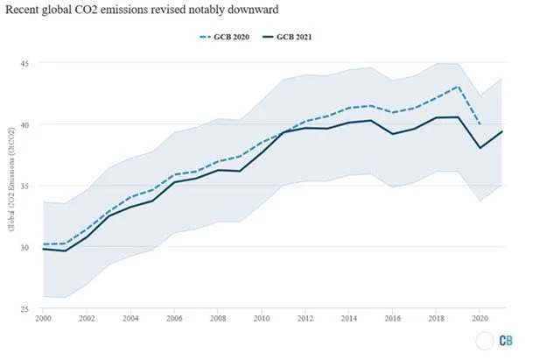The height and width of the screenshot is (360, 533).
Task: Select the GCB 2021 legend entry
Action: tap(290, 39)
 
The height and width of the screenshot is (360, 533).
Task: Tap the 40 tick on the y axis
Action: tap(24, 124)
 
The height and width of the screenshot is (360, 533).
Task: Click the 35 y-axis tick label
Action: tap(24, 186)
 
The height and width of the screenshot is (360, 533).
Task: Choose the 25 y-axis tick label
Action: tap(24, 308)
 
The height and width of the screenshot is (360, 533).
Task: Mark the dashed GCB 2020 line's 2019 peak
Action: tap(458, 87)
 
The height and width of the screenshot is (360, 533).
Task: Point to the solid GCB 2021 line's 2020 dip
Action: tap(480, 148)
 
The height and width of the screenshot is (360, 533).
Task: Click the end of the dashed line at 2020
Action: tap(480, 124)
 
